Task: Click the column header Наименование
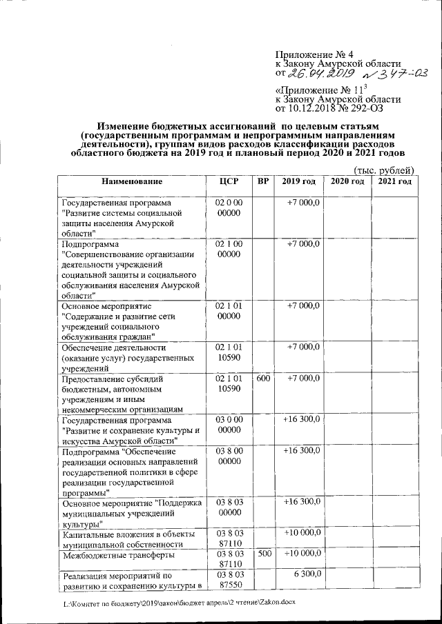click(131, 181)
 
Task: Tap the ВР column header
click(262, 181)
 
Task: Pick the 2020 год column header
click(347, 181)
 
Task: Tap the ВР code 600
click(263, 378)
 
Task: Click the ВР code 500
click(263, 554)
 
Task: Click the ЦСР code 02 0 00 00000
click(227, 209)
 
